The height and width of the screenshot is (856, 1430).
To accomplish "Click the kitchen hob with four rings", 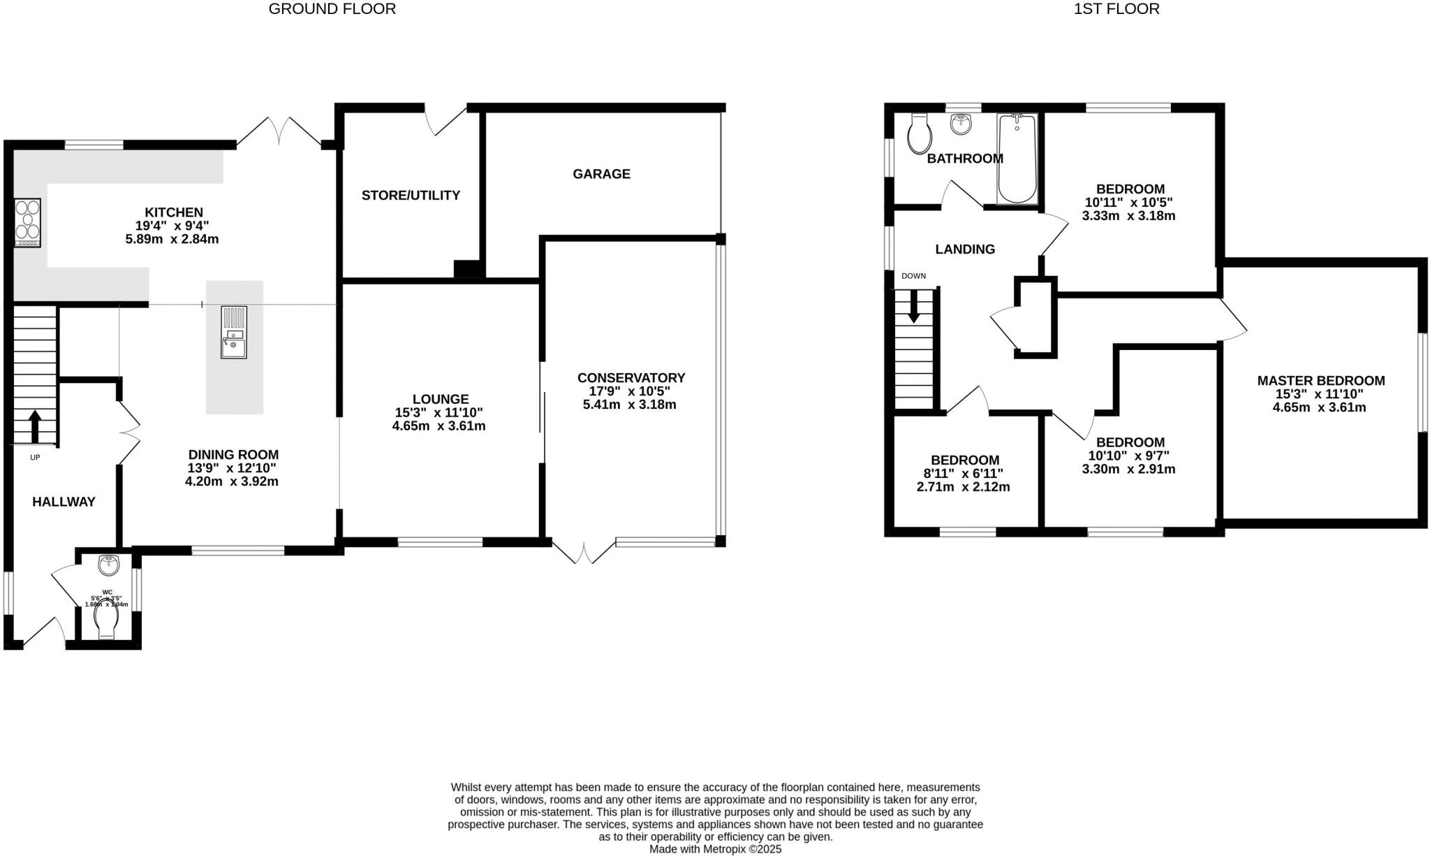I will pos(27,222).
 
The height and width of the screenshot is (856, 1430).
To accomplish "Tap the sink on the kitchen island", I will pos(233,333).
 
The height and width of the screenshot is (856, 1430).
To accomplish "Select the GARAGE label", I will pos(601,174).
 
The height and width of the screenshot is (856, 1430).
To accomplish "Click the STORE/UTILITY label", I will pos(411,196).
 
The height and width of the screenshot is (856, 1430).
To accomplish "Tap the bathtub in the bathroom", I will pos(1017,159).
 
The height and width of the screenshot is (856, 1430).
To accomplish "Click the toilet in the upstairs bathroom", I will pos(918,135).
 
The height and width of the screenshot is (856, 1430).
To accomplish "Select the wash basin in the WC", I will pos(109,565).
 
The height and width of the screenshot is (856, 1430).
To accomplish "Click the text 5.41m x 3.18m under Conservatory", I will pos(629,405).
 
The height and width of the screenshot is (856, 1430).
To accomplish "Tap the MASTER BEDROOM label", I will pos(1320,381).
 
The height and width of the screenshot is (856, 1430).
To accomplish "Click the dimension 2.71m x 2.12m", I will pos(963,487).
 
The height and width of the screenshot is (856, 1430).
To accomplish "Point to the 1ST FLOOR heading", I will pos(1115,9).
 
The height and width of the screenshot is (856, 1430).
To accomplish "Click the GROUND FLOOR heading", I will pos(332,9).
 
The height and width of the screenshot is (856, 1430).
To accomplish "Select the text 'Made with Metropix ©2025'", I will pos(715,849).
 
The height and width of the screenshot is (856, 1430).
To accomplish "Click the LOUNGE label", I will pos(440,400).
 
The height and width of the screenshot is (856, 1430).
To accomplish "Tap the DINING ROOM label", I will pos(233,455).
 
